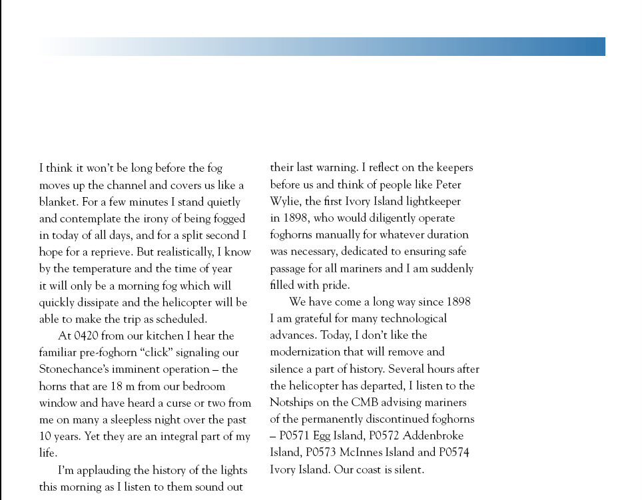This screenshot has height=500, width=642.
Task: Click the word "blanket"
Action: point(58,202)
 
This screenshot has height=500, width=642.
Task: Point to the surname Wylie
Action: point(285,201)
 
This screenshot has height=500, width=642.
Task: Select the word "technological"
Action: point(414,318)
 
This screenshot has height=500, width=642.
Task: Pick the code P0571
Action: point(298,436)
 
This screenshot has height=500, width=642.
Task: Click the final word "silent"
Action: point(408,469)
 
